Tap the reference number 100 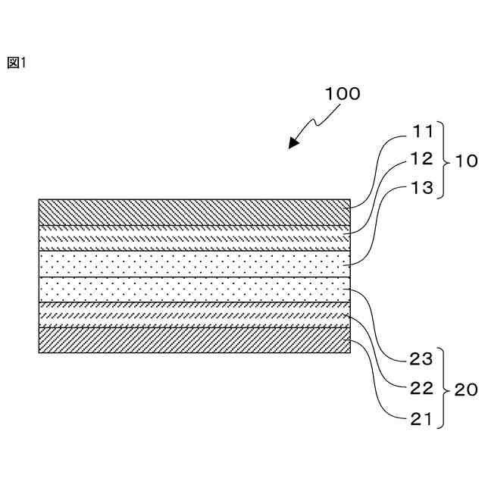[x=343, y=95]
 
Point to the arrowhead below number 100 [x=293, y=145]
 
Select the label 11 [x=423, y=132]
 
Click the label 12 [x=423, y=159]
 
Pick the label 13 [x=423, y=187]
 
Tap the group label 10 [x=465, y=161]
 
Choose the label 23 [x=423, y=359]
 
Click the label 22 [x=423, y=388]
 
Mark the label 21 [x=423, y=418]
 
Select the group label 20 [x=465, y=390]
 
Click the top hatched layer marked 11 [x=194, y=212]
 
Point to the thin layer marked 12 [x=194, y=238]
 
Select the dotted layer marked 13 [x=194, y=264]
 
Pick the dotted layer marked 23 [x=194, y=289]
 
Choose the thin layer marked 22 [x=194, y=314]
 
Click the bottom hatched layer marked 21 [x=194, y=339]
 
